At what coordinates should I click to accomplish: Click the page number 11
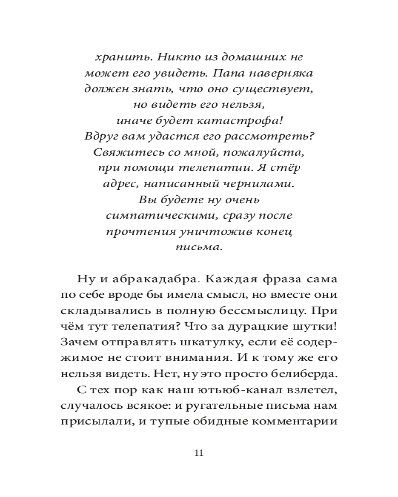click(x=199, y=453)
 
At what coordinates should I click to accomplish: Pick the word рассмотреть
click(x=278, y=137)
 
